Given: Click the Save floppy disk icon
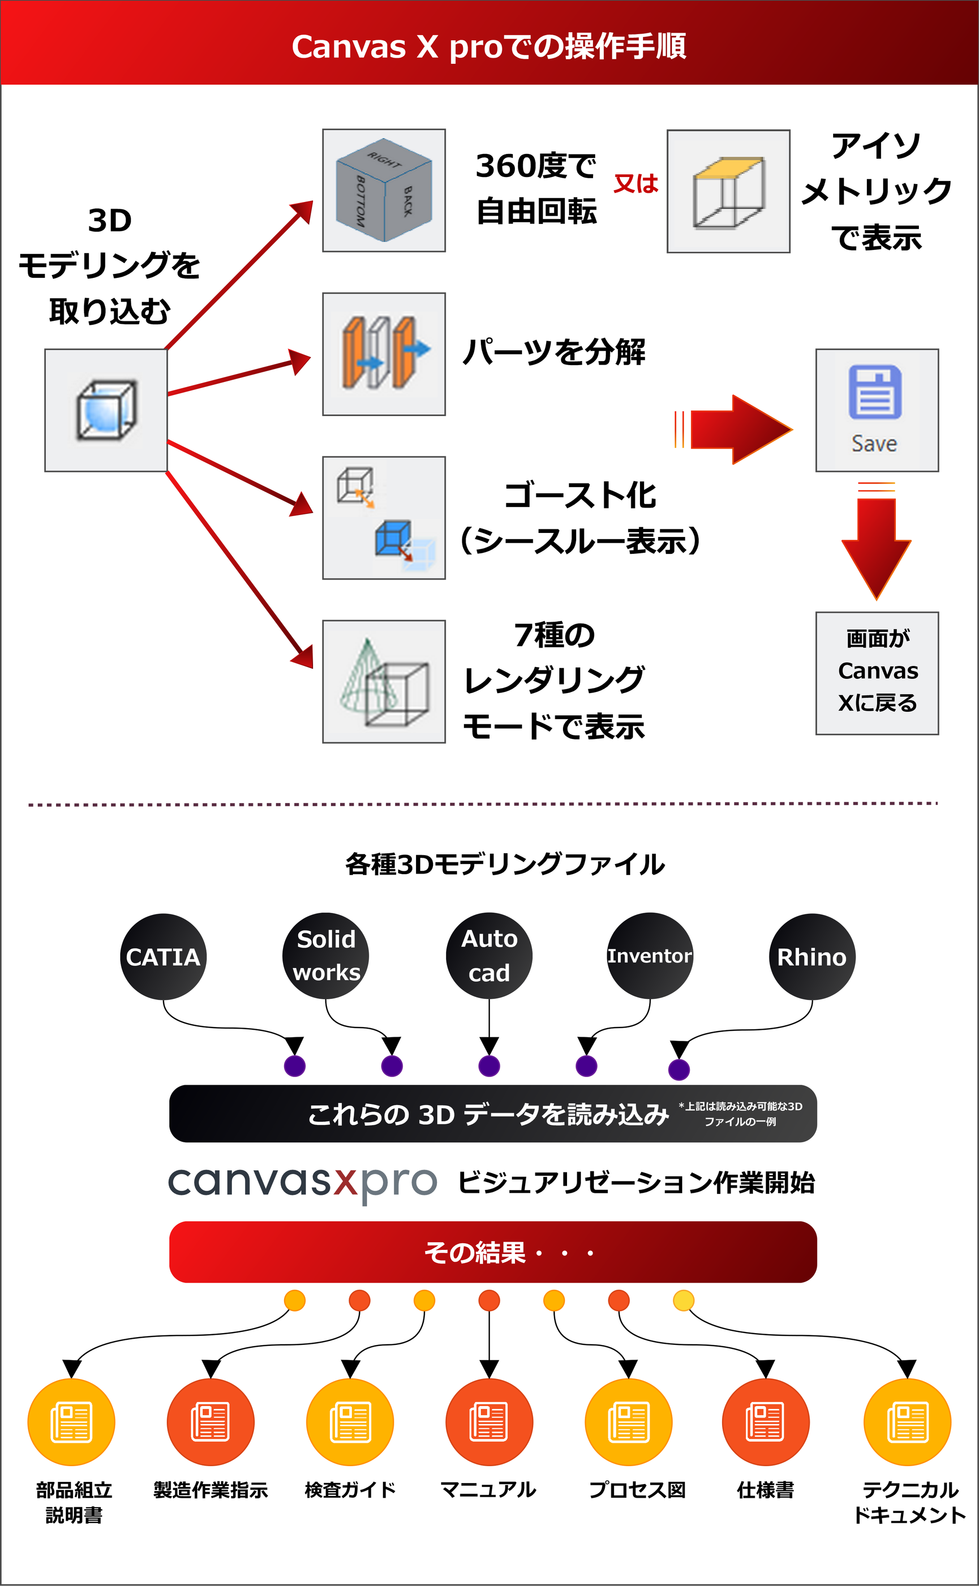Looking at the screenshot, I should (875, 393).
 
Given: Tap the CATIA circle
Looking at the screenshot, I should (163, 957).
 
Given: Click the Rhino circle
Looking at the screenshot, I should (812, 957).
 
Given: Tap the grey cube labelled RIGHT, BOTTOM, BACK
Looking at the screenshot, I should (384, 190).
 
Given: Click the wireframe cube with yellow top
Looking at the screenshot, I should (729, 192).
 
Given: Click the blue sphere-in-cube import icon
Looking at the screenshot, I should (106, 411).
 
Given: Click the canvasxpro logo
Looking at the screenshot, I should (302, 1183).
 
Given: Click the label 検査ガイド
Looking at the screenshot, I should (350, 1490).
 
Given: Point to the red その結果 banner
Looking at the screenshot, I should (493, 1252).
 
